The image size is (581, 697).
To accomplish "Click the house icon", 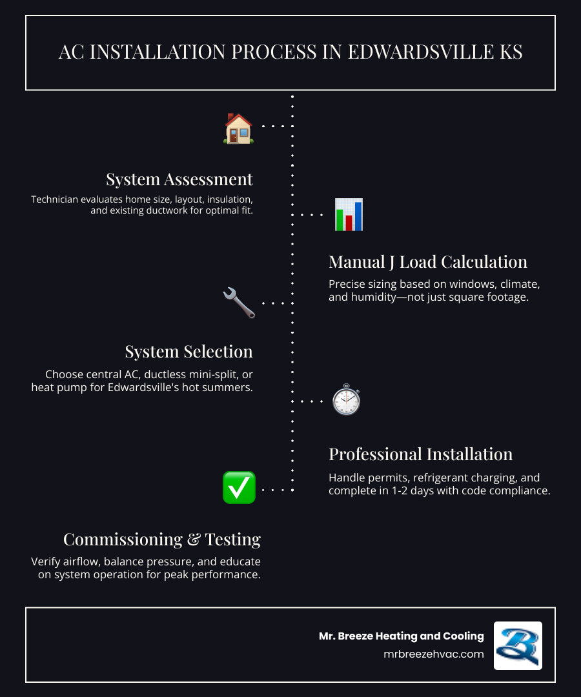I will [x=238, y=128].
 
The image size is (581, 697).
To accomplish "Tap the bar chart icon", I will [x=349, y=214].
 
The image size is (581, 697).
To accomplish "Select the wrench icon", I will [x=239, y=303].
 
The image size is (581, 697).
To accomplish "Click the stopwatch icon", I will [x=346, y=400].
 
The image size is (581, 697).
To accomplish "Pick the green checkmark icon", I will [x=239, y=488].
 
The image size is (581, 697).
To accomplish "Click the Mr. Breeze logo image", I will [x=518, y=645].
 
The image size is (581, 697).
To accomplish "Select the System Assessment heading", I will [x=179, y=179].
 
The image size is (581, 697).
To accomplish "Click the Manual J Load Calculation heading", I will [x=428, y=262].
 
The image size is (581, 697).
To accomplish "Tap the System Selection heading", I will [x=189, y=352].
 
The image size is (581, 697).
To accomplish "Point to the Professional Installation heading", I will [x=421, y=454].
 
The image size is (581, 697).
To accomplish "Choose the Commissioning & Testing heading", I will [x=162, y=540].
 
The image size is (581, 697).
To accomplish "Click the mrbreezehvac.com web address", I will [x=433, y=654].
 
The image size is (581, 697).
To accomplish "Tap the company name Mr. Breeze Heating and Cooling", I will [x=401, y=636].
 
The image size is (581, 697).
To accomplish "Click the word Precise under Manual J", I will [x=347, y=284].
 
